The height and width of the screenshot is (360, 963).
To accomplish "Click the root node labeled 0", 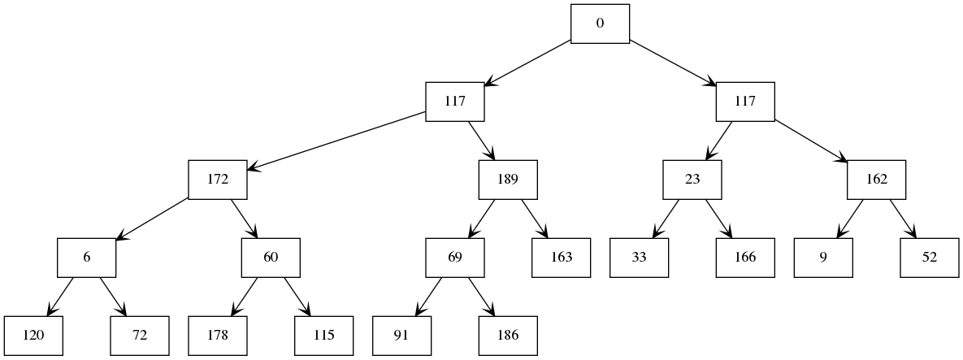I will point(600,24).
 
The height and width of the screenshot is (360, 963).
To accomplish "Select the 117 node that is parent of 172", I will point(455,102).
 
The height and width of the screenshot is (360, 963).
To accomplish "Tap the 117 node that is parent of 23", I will point(745,102).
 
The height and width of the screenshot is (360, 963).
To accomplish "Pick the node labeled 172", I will point(218,180).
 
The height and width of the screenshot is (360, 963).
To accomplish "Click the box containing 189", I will point(508,180).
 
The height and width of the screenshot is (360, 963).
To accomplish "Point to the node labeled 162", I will point(877,180).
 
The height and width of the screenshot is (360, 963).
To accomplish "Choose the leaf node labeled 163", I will point(561,258).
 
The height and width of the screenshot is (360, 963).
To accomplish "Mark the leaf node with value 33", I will point(640,258).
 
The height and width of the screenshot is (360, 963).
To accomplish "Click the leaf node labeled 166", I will point(745,258).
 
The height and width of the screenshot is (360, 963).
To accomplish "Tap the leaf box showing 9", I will point(824,258).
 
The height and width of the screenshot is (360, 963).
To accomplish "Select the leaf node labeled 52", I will point(930,258).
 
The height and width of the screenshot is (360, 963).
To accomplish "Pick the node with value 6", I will point(86,258).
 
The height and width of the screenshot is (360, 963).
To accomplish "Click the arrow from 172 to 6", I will point(153,219).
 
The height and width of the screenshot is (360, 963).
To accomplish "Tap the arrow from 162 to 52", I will point(903,219).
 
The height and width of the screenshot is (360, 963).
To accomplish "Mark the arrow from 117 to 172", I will point(337,141).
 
